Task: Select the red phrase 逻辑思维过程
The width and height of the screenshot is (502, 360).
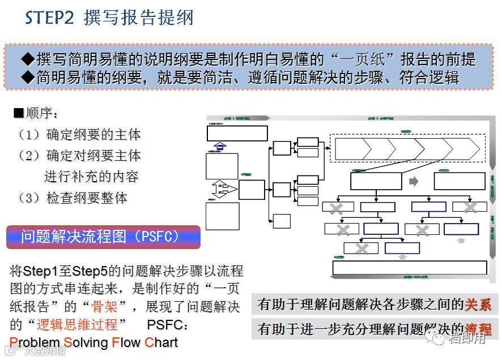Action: click(x=80, y=325)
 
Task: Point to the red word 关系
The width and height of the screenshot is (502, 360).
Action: click(x=478, y=305)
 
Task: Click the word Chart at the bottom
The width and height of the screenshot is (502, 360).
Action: click(x=161, y=342)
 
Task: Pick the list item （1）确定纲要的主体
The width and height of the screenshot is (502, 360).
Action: click(x=79, y=135)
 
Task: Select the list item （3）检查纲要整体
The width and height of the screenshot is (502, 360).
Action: click(x=73, y=198)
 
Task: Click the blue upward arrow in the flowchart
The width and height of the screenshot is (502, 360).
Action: click(x=220, y=146)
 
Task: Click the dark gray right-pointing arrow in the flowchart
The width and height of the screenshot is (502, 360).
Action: click(x=414, y=181)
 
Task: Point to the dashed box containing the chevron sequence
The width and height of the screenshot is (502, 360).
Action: click(x=407, y=148)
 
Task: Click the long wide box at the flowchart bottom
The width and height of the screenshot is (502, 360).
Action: click(x=409, y=268)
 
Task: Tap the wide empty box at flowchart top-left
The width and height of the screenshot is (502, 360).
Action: click(x=237, y=133)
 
